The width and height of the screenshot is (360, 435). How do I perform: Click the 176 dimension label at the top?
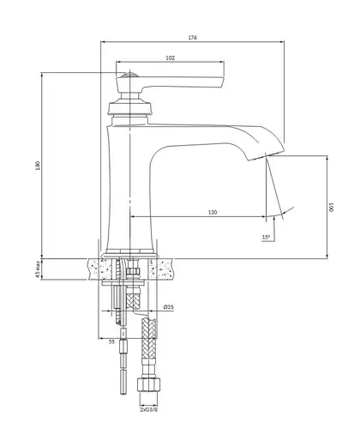coord(193,38)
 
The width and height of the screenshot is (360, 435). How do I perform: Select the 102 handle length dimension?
coord(170,57)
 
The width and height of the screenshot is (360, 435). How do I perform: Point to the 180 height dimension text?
coord(38,166)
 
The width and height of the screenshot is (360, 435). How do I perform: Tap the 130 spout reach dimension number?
coord(213,212)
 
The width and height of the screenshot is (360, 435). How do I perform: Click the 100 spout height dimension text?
coord(332,208)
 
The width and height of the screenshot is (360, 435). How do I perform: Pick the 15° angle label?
coord(266,237)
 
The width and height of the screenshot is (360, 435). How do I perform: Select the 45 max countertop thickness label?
coord(38,269)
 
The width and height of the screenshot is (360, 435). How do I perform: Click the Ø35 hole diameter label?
coord(169,307)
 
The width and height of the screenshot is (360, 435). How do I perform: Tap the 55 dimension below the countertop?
coord(111,341)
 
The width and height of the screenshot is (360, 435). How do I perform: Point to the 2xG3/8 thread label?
coord(148,409)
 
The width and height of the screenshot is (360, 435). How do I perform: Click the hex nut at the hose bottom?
coord(148,385)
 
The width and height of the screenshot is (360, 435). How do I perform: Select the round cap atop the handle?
coord(129,76)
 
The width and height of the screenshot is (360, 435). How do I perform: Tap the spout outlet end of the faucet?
coord(267,156)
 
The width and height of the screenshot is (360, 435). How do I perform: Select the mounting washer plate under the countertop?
coord(123,283)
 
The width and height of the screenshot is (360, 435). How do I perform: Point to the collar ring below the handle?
coord(129,106)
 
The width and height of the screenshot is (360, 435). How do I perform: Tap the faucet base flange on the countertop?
coord(129,255)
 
